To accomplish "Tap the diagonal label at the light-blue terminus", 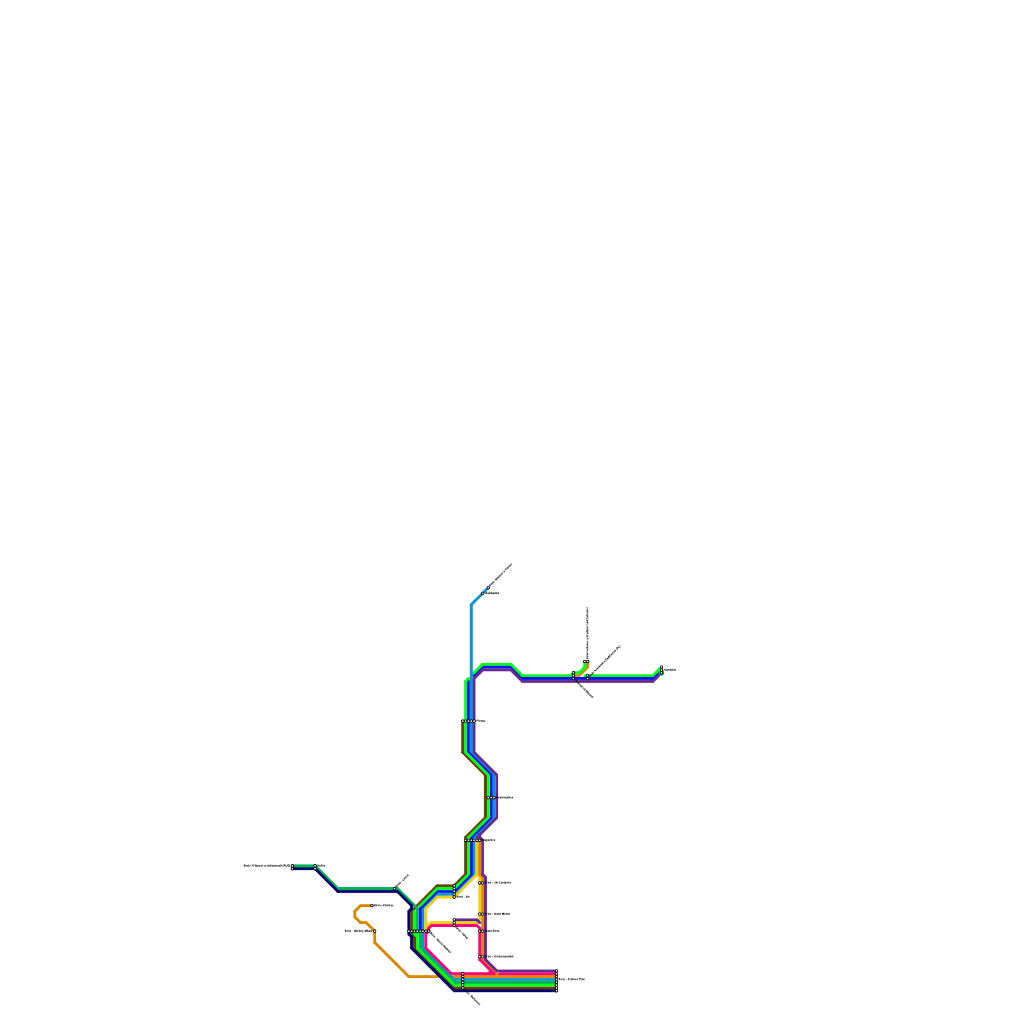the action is [x=501, y=576].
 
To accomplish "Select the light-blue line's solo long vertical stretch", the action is [x=471, y=639].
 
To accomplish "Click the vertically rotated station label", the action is [x=588, y=632].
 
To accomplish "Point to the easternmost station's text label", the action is [x=669, y=669].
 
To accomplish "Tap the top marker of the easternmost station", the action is [x=662, y=667].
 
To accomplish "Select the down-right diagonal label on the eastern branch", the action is [x=584, y=689].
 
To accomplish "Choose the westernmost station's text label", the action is [x=266, y=866].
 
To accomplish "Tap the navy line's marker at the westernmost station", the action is [x=293, y=869].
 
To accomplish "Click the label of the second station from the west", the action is [x=321, y=866].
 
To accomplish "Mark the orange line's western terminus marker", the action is [x=372, y=906].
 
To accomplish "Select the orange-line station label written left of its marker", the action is [x=358, y=931].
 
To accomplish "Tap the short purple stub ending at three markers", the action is [x=466, y=920].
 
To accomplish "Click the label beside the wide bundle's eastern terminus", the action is [x=571, y=979].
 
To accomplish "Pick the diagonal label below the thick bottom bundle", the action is [x=473, y=998].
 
